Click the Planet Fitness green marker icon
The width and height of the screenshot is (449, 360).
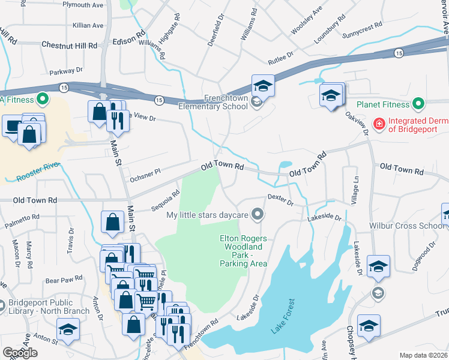coord(420,104)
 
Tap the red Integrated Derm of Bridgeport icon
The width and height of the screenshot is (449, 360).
coord(379,124)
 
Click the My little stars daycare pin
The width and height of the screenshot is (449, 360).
coord(258,214)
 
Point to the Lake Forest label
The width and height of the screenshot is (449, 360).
coord(284,316)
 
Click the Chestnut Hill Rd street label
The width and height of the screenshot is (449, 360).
coord(69,46)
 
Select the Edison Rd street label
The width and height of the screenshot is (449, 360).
coord(129,43)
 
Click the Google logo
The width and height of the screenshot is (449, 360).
coord(20,353)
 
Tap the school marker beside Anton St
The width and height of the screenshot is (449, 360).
coord(68,329)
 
